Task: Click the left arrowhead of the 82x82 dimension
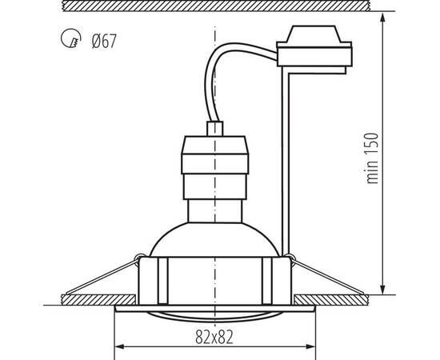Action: (120, 346)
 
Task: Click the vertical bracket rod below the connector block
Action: (286, 160)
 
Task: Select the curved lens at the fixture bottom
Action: (215, 314)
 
